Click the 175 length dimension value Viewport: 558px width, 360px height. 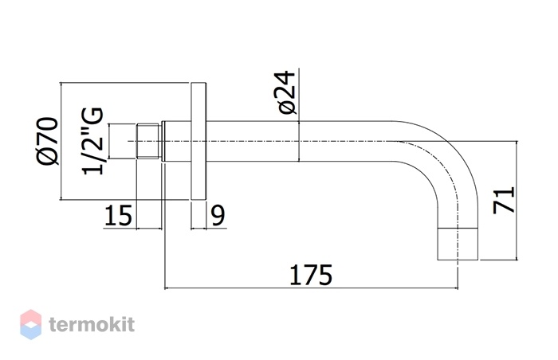[x=311, y=275]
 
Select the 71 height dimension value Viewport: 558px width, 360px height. [x=504, y=200]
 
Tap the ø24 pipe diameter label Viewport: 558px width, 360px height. [x=287, y=93]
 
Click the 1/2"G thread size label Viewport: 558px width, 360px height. [x=93, y=141]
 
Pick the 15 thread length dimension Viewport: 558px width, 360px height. [x=119, y=215]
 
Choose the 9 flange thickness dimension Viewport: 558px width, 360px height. [x=218, y=215]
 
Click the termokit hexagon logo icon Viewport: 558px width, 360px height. [x=30, y=324]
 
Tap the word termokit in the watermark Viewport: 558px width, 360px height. [x=92, y=324]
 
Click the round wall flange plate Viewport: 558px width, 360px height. [x=198, y=141]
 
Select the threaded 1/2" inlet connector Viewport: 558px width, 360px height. [x=149, y=141]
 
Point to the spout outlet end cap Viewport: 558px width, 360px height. [x=458, y=244]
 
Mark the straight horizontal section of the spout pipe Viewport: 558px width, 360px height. [x=299, y=141]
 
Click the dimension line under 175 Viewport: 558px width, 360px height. [x=311, y=288]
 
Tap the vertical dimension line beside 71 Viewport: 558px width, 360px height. [x=516, y=200]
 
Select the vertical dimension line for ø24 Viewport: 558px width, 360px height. [x=299, y=115]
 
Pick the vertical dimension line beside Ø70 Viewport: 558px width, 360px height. [x=61, y=141]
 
